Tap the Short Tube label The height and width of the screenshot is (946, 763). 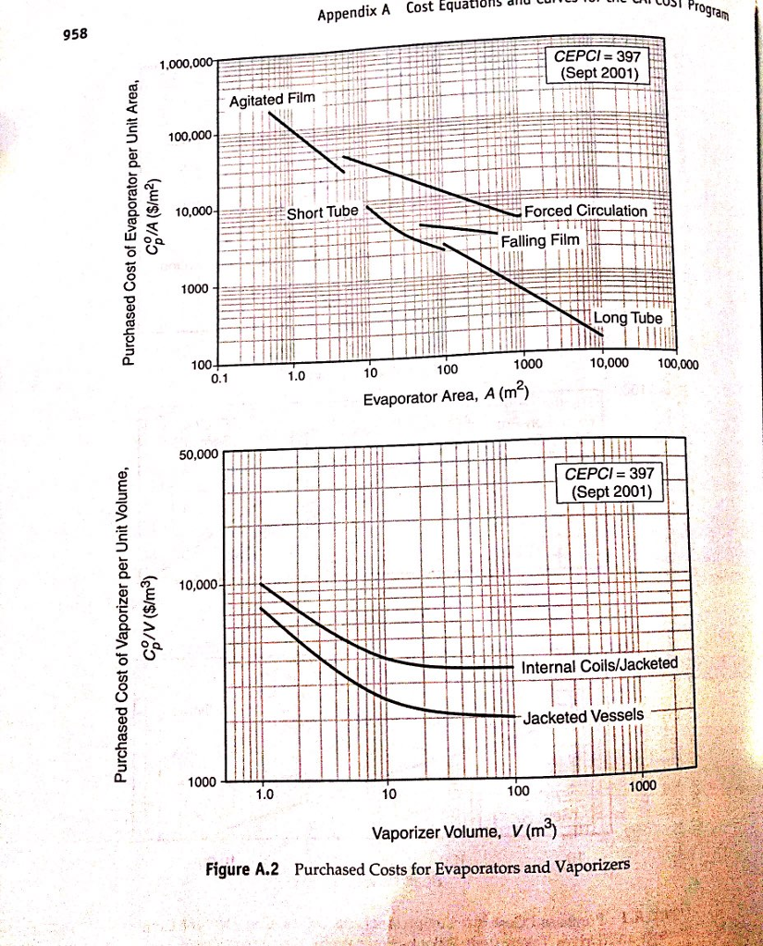(x=321, y=212)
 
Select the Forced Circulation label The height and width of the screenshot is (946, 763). (x=585, y=211)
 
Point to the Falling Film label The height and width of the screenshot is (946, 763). (x=539, y=241)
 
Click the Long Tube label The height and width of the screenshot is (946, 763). (x=628, y=318)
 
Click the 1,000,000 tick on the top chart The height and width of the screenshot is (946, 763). (x=187, y=63)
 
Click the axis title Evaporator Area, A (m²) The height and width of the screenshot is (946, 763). (x=446, y=397)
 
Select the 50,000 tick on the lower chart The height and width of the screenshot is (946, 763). (x=197, y=455)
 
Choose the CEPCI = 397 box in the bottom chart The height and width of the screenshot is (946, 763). (x=609, y=481)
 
